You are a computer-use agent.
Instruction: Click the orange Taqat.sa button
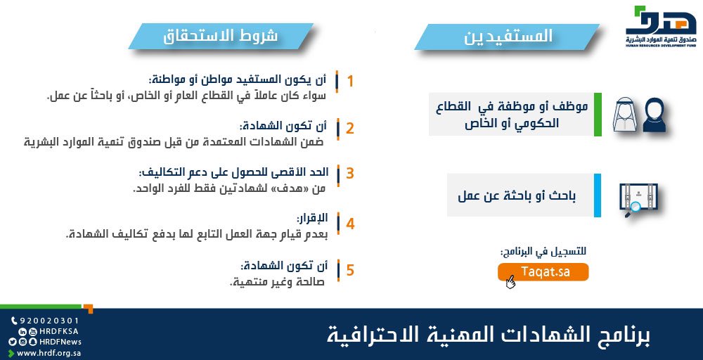[x=543, y=273]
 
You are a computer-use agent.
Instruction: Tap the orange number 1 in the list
[x=350, y=81]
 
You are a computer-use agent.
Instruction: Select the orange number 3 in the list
[x=349, y=174]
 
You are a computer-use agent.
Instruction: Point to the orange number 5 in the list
[x=350, y=270]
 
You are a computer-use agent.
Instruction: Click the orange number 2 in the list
[x=349, y=128]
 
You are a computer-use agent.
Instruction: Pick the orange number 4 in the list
[x=350, y=224]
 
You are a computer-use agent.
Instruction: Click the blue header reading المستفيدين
[x=507, y=37]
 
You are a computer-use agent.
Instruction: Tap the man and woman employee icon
[x=638, y=115]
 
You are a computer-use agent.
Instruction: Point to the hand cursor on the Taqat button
[x=510, y=281]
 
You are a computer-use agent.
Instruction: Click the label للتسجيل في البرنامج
[x=543, y=251]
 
